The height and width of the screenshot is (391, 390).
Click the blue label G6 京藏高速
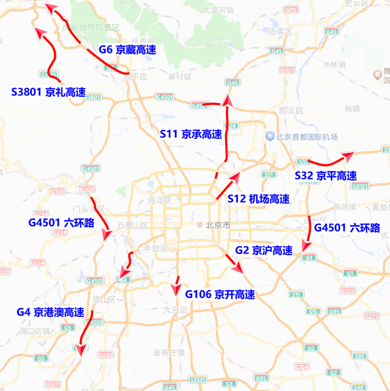(127, 50)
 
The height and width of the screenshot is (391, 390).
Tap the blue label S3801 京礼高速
(48, 92)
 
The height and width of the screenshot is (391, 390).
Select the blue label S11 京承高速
(191, 134)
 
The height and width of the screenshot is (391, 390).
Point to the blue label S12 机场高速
(259, 199)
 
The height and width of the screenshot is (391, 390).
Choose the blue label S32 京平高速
(325, 176)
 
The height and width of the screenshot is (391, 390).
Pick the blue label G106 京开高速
(220, 295)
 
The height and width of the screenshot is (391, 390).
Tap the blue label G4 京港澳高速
(50, 312)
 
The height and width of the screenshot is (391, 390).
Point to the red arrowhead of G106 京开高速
(177, 291)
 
